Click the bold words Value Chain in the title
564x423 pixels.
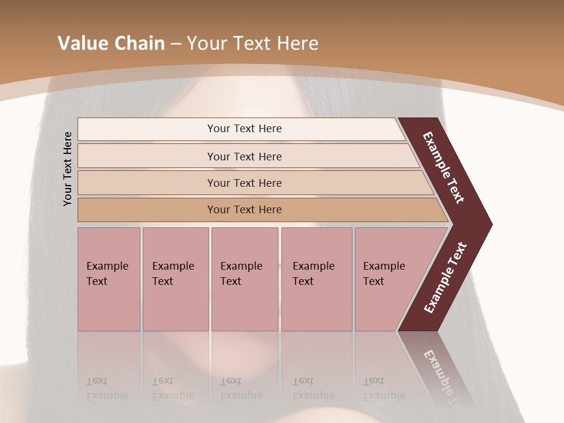tap(111, 43)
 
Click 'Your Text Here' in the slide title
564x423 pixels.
tap(253, 43)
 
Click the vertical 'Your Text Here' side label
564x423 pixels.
tap(68, 169)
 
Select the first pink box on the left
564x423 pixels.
tap(109, 279)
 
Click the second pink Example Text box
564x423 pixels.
tap(175, 279)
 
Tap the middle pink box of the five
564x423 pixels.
tap(244, 279)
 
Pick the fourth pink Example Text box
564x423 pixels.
tap(317, 279)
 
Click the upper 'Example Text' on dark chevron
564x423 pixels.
tap(444, 167)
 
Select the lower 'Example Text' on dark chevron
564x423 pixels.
tap(445, 278)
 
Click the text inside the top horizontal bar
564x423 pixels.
tap(244, 129)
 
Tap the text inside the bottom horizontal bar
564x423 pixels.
tap(244, 210)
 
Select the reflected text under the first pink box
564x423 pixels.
tap(107, 388)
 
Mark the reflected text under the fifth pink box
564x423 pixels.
tap(384, 388)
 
